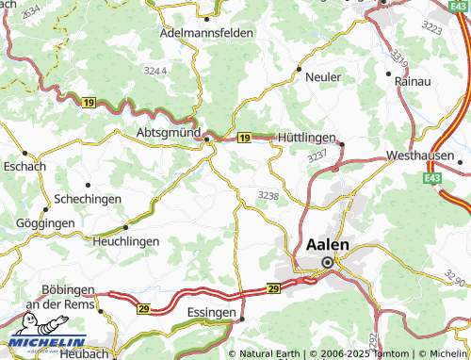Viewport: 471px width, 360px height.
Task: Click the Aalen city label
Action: [x=328, y=244]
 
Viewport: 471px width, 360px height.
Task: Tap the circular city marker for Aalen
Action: [x=328, y=262]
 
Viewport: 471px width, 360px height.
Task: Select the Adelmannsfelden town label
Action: [x=208, y=32]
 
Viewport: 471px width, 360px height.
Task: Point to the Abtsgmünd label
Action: [x=170, y=133]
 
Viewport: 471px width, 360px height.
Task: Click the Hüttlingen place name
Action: [x=306, y=139]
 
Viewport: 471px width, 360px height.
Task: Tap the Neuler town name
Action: [x=322, y=76]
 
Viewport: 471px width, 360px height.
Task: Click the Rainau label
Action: [x=414, y=83]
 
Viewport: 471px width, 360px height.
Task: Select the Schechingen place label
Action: [x=87, y=200]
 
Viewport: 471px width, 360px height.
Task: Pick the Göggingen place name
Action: [x=44, y=223]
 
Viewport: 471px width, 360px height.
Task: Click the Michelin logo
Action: [x=47, y=344]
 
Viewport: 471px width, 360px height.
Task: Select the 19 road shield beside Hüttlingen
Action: [x=244, y=139]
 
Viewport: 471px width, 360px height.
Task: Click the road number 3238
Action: [x=268, y=195]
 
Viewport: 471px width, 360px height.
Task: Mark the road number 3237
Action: [x=317, y=155]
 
